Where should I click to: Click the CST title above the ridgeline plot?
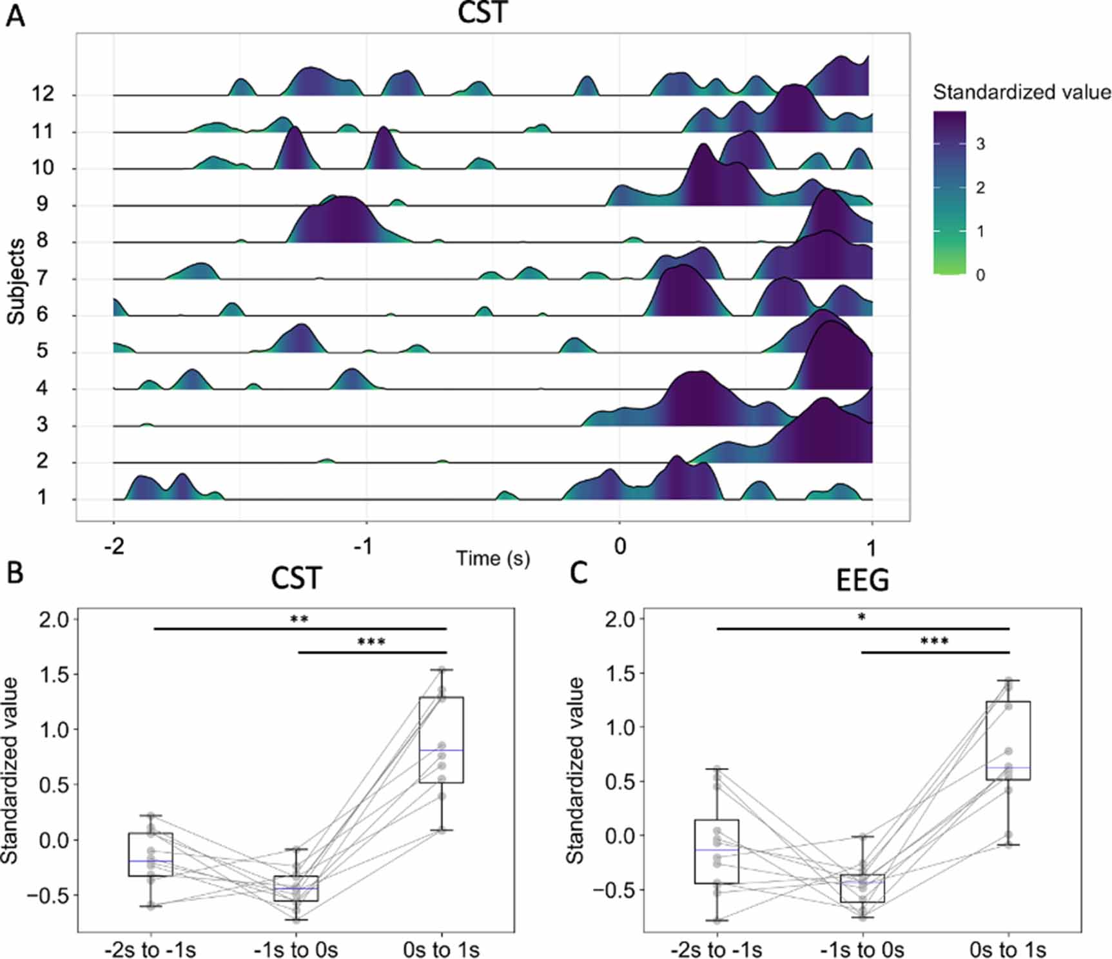tap(483, 14)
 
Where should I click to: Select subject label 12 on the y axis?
tap(43, 94)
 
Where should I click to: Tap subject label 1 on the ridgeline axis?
tap(43, 498)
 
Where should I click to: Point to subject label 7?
tap(43, 278)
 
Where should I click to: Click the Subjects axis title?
tap(17, 281)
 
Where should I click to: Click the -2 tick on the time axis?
tap(114, 546)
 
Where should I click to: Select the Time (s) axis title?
tap(493, 558)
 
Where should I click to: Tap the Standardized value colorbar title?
tap(1022, 93)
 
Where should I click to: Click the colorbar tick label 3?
tap(980, 144)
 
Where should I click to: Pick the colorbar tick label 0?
tap(980, 276)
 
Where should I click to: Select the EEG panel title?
tap(863, 581)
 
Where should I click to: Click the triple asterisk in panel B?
tap(371, 642)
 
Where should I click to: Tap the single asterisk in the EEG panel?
tap(862, 618)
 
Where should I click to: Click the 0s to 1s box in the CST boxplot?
tap(442, 739)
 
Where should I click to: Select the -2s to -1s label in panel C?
tap(716, 949)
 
